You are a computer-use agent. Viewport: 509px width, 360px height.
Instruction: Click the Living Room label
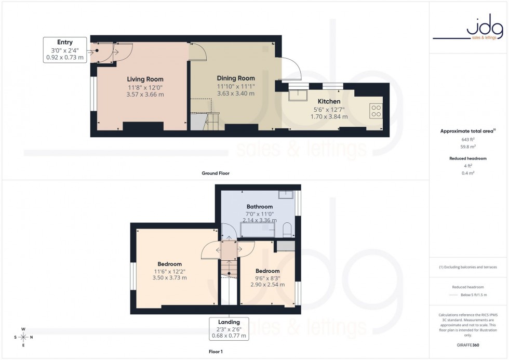(x=145, y=79)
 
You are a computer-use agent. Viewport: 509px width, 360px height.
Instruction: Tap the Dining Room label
(x=235, y=78)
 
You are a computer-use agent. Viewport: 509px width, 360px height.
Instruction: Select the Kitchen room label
(x=329, y=101)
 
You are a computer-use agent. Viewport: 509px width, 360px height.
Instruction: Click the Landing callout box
(x=229, y=328)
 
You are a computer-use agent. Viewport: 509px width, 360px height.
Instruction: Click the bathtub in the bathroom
(x=259, y=230)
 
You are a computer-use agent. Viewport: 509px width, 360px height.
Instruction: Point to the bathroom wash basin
(x=286, y=195)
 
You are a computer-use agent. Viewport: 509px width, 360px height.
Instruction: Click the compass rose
(x=23, y=337)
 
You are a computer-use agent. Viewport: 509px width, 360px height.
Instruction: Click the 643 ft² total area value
(x=468, y=139)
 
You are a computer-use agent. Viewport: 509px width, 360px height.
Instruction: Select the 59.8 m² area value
(x=468, y=146)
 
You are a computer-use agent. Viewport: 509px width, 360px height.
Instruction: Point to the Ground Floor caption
(x=216, y=173)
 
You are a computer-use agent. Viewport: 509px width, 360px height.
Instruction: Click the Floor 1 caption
(x=215, y=351)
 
